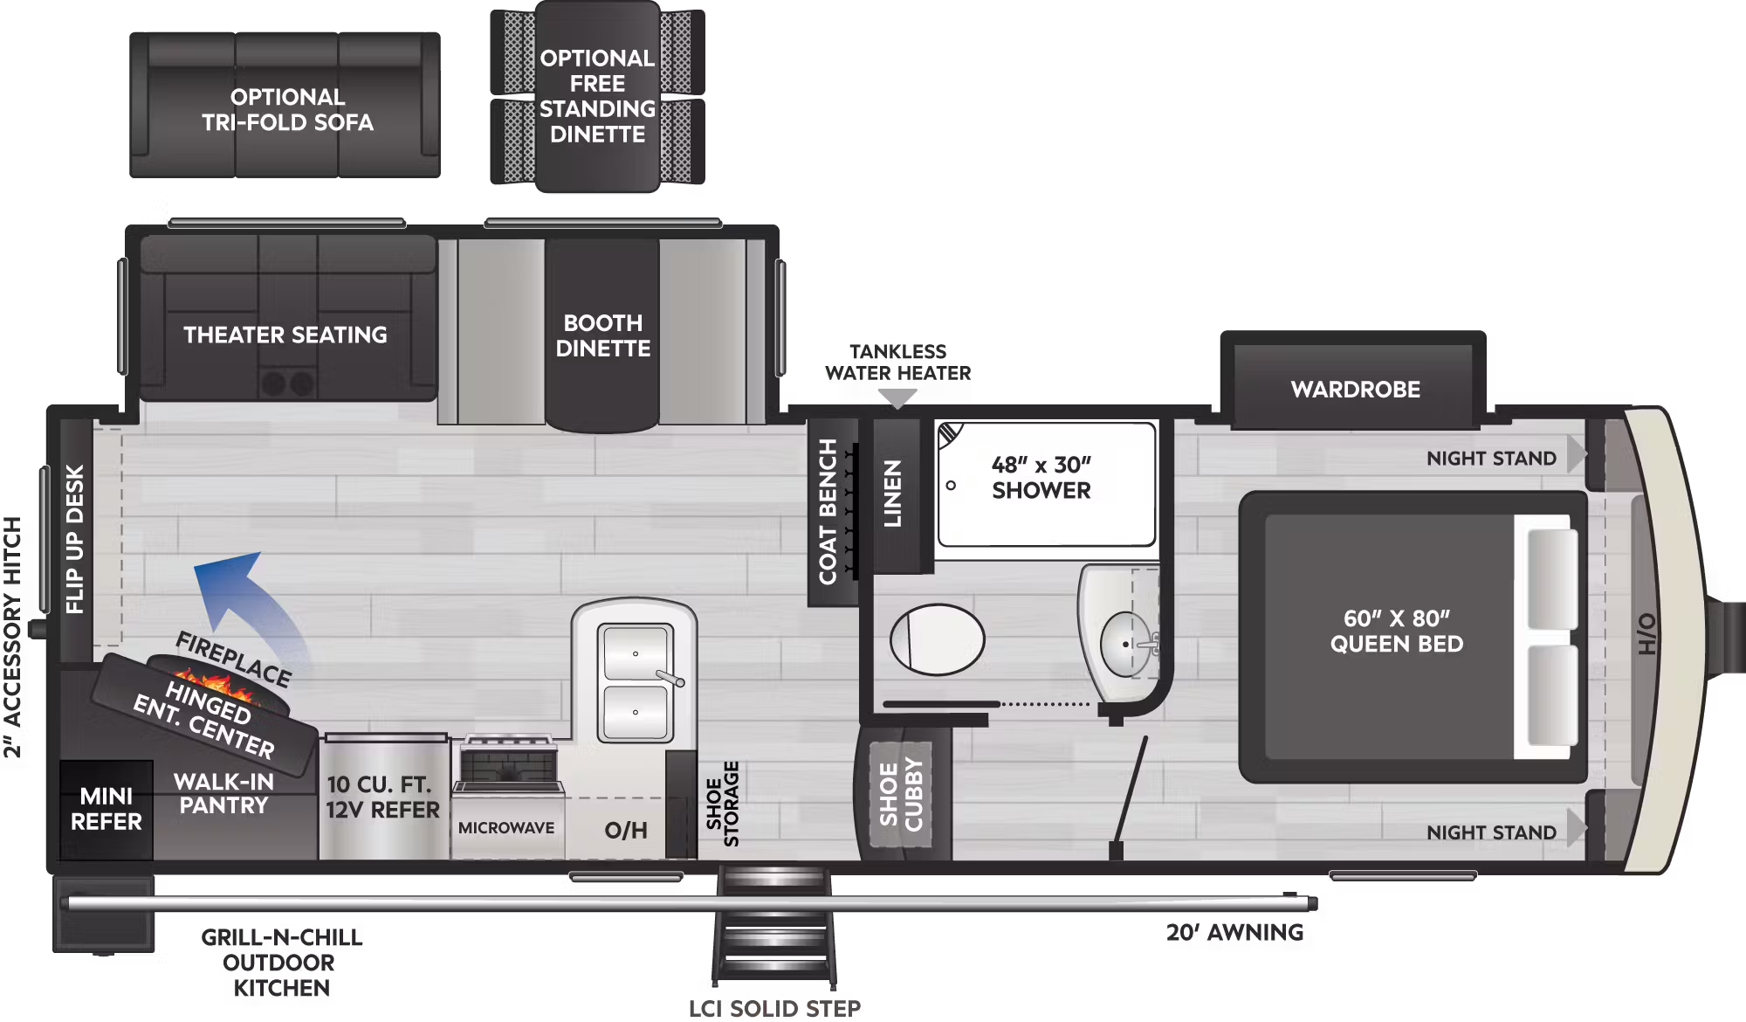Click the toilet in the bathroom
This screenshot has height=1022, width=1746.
937,639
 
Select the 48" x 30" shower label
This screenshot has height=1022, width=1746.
1041,478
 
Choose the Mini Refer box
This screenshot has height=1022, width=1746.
106,810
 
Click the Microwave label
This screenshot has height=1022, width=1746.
506,828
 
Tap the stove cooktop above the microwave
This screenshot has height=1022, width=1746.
507,764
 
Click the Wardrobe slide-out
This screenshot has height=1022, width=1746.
1355,390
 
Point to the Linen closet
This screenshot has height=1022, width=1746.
892,494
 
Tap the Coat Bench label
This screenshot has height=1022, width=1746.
828,512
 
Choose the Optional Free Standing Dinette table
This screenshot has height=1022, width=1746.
597,96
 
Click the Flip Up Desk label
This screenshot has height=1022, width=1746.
75,540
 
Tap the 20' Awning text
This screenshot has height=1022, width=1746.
1234,933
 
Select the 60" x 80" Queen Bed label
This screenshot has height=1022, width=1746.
1396,632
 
